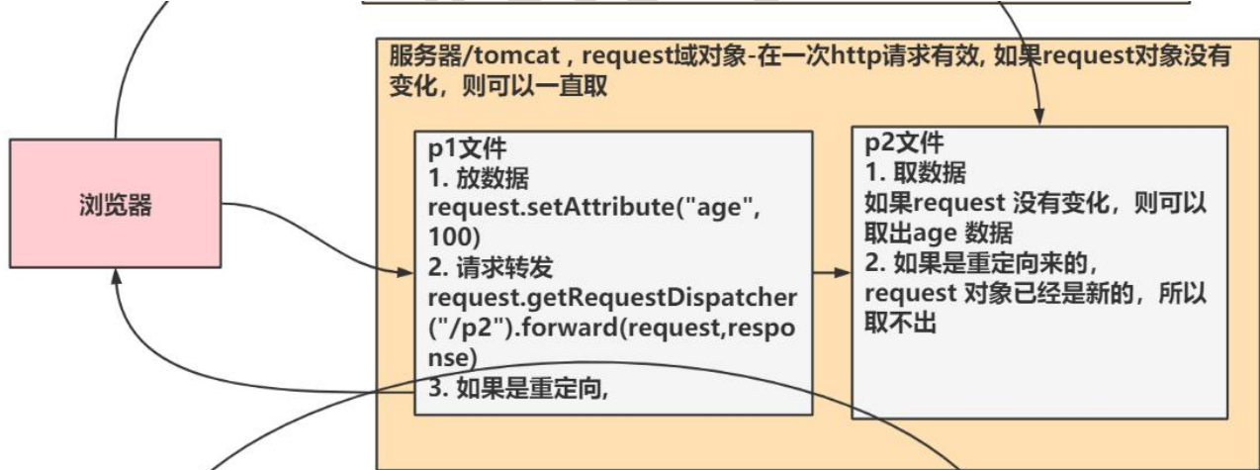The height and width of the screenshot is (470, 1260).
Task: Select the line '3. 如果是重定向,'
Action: pyautogui.click(x=516, y=387)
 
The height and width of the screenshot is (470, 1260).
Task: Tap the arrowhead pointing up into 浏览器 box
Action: pyautogui.click(x=116, y=286)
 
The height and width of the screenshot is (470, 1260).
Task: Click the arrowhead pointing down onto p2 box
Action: pyautogui.click(x=1039, y=115)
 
